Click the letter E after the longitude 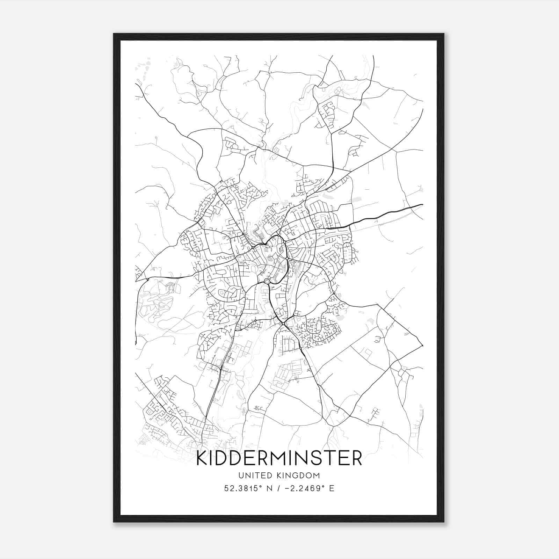[332, 488]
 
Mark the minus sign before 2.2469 [288, 488]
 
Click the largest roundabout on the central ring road [267, 281]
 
